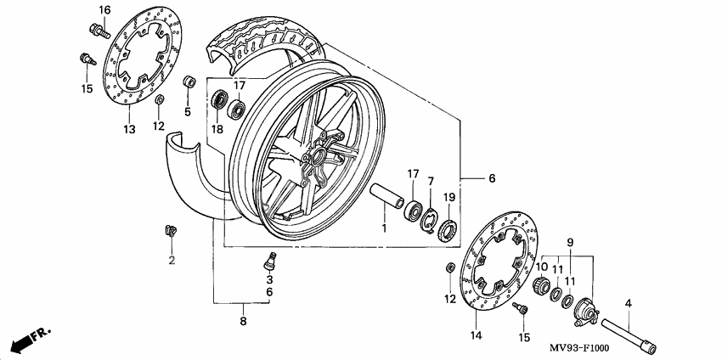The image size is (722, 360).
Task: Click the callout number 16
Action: click(104, 10)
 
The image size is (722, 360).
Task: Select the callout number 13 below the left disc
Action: click(129, 130)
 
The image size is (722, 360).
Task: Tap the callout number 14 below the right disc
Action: click(475, 337)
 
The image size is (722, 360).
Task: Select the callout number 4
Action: click(629, 303)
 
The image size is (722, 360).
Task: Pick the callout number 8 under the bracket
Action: click(243, 322)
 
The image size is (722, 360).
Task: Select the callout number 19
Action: click(450, 198)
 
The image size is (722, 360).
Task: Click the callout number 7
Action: click(431, 182)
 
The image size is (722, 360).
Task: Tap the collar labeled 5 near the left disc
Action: click(191, 83)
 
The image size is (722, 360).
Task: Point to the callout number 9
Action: click(569, 242)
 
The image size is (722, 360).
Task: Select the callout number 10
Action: click(540, 267)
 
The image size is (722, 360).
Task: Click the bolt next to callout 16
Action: click(96, 31)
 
